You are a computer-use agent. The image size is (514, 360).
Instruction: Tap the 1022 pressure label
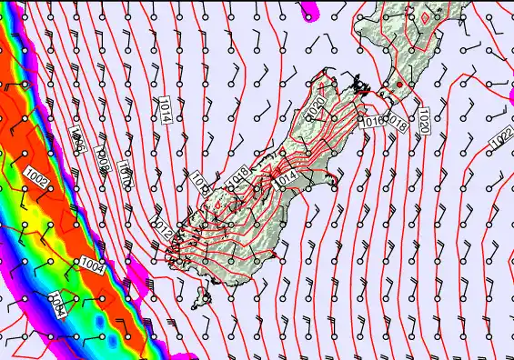500,138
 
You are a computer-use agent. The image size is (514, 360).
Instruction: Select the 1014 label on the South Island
284,181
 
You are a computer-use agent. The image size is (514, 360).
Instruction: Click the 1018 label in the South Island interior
241,175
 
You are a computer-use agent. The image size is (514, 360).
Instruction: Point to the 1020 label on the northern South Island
317,106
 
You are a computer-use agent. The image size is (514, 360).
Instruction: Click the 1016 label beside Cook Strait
373,121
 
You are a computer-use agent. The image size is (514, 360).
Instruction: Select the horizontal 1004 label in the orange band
91,265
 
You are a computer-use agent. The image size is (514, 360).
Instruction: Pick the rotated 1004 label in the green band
55,303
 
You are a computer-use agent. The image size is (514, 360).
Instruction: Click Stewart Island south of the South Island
203,296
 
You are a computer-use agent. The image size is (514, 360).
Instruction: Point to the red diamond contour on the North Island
424,17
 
